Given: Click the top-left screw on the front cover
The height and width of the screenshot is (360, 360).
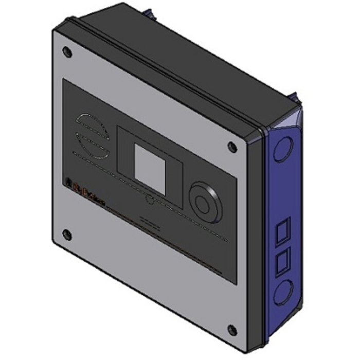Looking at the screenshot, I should (x=66, y=51).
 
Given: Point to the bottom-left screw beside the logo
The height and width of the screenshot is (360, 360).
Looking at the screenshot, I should (x=66, y=235).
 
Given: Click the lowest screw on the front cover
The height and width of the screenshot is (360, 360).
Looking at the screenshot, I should (x=232, y=330).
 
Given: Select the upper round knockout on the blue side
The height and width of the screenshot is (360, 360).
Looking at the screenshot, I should (x=282, y=149).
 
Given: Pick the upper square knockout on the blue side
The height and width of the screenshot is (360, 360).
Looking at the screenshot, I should (x=283, y=229).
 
